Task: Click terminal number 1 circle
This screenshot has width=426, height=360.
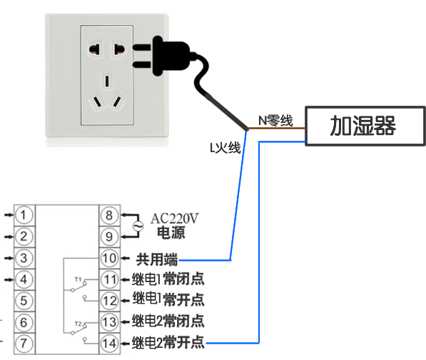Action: [24, 215]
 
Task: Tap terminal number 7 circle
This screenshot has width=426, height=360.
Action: [24, 344]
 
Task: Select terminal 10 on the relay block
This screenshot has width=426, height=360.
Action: [109, 258]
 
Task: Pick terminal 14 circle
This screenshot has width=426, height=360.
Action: [109, 344]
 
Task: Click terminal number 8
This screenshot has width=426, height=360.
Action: [109, 215]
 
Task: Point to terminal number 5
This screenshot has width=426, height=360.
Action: [24, 301]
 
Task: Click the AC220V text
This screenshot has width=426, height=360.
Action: [174, 219]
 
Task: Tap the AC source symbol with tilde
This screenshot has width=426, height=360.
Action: [138, 226]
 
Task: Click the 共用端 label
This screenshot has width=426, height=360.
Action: [157, 259]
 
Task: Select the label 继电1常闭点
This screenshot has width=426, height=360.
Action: [168, 279]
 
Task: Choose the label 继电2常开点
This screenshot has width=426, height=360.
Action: [168, 342]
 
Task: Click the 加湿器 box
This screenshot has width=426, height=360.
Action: [365, 126]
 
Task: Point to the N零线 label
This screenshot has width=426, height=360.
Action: [275, 121]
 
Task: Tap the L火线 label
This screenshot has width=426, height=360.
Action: [225, 148]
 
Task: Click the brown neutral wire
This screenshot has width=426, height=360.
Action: [275, 129]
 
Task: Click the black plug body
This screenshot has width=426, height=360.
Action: [171, 56]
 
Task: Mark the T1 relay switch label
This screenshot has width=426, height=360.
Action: [78, 279]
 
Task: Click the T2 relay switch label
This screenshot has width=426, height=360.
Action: [78, 324]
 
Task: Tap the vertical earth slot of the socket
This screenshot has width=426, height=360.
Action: [107, 81]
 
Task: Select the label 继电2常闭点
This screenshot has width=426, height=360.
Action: [168, 321]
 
